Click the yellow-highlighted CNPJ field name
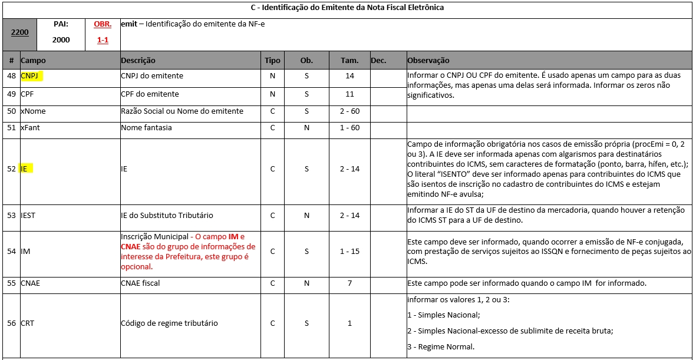point(33,76)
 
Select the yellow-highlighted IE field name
point(24,169)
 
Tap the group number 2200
point(20,34)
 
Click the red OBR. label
point(103,25)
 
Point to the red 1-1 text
point(103,40)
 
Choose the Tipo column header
point(272,60)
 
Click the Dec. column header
point(378,60)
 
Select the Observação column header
point(428,60)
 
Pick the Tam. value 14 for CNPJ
point(350,76)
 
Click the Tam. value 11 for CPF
point(350,94)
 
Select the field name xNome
point(33,111)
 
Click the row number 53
point(11,216)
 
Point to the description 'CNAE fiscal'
point(140,283)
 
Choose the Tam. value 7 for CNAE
point(350,283)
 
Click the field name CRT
point(28,323)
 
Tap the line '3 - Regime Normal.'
point(441,346)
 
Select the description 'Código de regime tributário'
point(169,323)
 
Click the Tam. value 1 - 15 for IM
point(350,252)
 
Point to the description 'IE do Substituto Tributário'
point(167,216)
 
